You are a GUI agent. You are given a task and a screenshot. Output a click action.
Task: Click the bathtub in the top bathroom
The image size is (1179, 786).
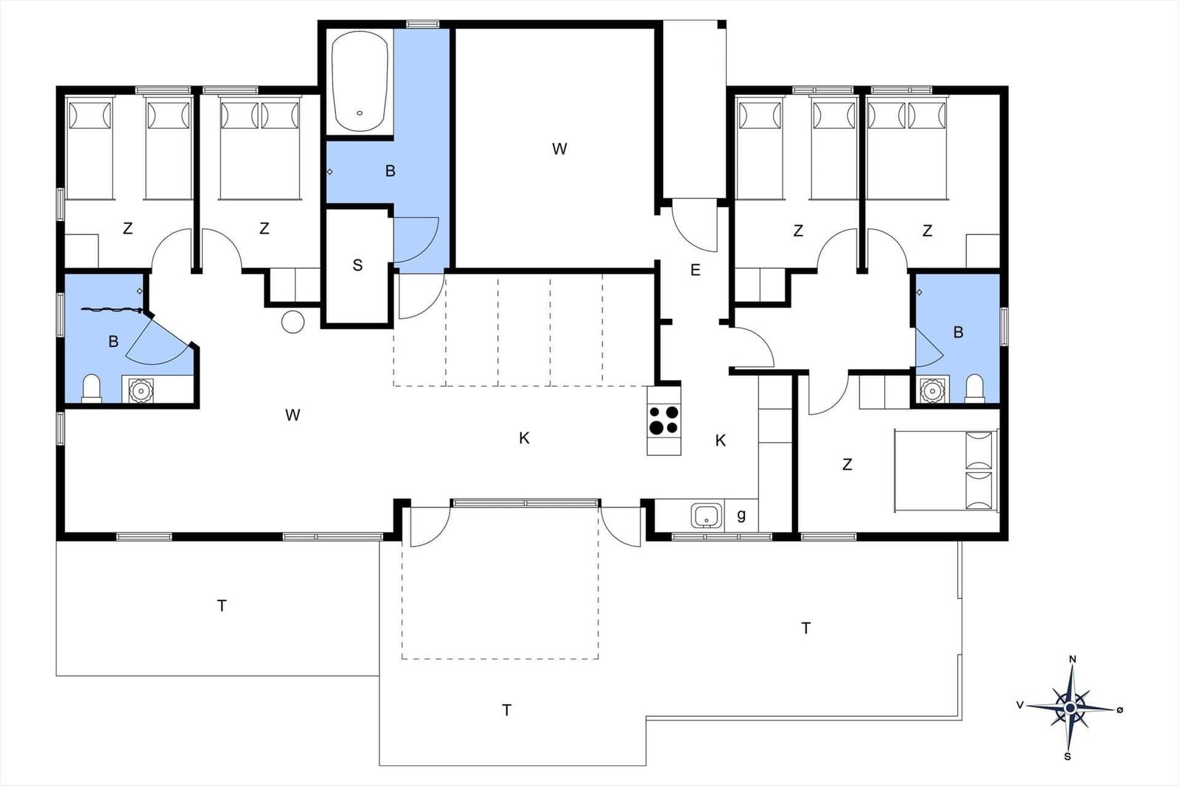coord(360,82)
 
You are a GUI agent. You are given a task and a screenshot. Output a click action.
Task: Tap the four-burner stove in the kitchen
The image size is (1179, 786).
coord(664,420)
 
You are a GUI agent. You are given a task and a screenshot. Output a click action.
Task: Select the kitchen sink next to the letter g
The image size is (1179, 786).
coord(707,516)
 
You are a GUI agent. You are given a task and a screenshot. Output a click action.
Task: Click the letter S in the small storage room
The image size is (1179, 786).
coord(357,265)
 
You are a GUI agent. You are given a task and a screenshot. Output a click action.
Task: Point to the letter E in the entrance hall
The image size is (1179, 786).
coord(696,270)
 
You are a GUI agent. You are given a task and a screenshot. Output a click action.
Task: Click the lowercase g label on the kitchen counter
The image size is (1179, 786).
coord(741,515)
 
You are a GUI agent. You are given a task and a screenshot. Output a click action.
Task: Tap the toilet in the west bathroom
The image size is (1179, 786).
coord(91,388)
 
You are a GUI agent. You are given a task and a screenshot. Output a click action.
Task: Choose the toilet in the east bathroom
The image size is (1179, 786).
coord(974,388)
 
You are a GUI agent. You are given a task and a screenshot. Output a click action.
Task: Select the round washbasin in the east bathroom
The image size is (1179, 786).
coord(932,390)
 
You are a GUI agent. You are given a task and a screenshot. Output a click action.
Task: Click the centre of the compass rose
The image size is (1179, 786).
coord(1070,708)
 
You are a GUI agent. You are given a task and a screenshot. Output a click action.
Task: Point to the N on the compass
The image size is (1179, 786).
coord(1072,659)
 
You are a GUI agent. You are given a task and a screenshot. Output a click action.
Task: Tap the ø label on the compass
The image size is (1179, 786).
coord(1119,709)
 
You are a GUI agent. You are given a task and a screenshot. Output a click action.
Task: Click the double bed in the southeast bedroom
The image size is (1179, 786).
coord(946,470)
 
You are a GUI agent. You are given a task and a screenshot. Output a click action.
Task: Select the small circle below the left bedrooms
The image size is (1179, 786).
coord(293,322)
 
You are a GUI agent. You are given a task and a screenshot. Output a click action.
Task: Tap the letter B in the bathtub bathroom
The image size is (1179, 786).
coord(390,171)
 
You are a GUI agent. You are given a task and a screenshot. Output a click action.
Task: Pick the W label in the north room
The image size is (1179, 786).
coord(559,149)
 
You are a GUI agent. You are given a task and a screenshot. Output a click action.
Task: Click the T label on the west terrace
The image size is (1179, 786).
coord(222,606)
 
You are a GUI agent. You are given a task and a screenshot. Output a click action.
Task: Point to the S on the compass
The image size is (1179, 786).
coord(1068,757)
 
